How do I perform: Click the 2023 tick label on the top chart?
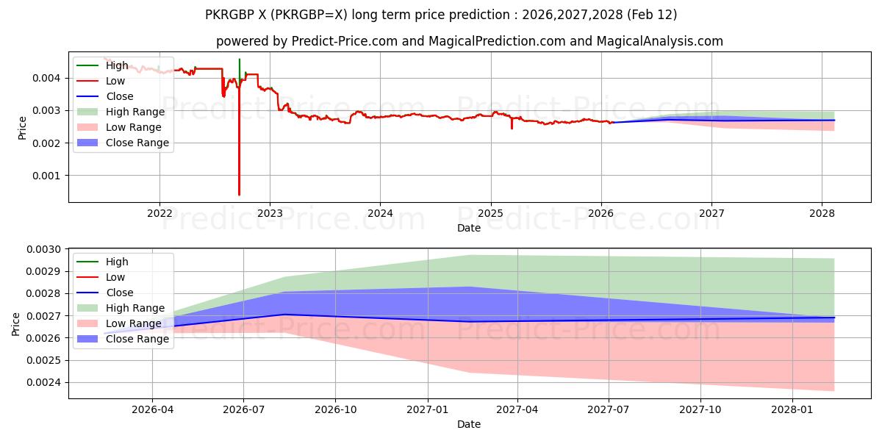270,213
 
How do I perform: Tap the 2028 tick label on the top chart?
822,213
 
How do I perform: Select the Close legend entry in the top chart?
120,96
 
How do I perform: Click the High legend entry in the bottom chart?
117,262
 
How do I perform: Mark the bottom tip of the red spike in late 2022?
239,195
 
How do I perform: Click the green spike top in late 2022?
239,59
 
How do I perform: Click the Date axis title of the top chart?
469,228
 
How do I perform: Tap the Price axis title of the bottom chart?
16,323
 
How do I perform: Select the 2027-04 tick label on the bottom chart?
517,409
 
